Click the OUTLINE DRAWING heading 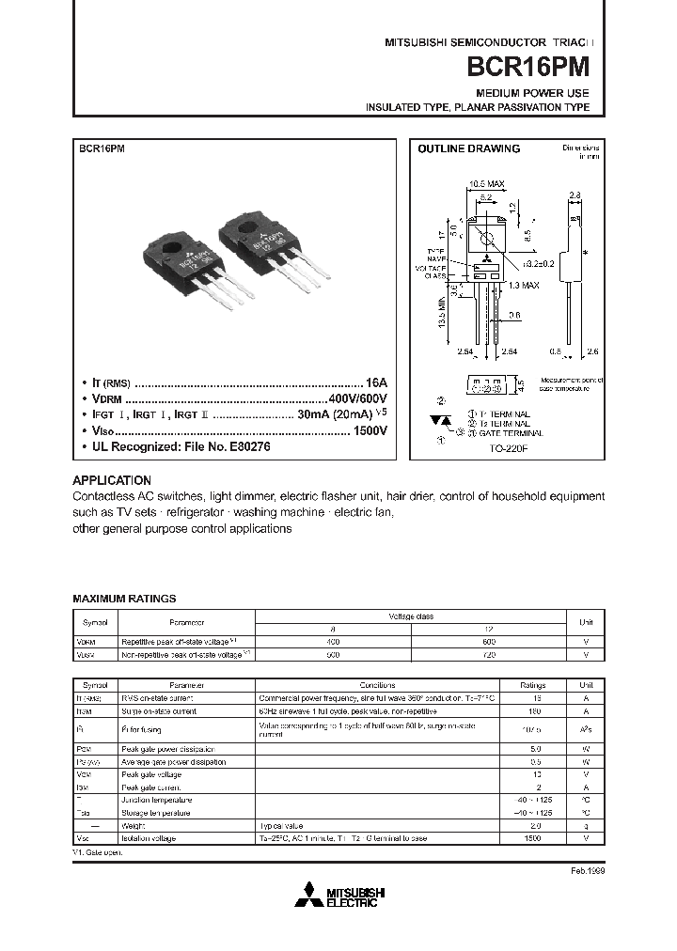(468, 149)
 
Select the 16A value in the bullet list (376, 383)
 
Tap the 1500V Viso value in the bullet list (370, 431)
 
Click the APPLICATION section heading (111, 480)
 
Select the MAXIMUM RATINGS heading (124, 599)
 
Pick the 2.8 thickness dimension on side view (574, 195)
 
